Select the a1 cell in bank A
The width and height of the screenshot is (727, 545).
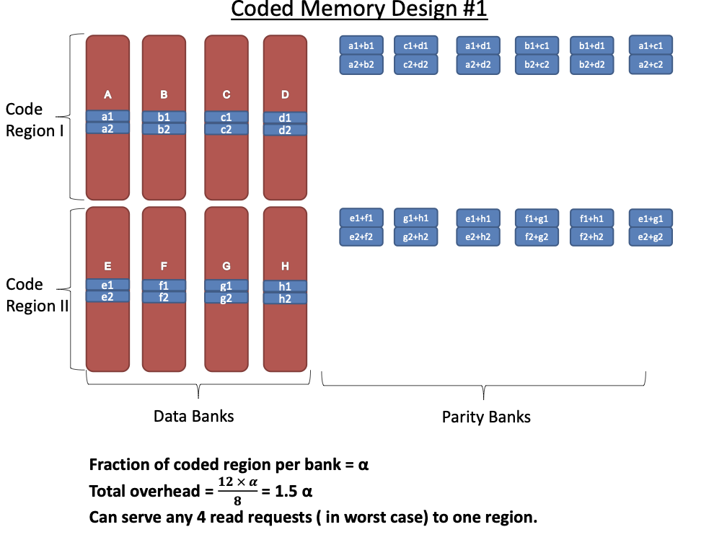(x=107, y=116)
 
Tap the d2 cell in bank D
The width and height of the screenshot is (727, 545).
(x=285, y=130)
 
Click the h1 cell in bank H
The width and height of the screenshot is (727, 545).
(x=285, y=286)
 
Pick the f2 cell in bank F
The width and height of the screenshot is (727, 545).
(x=164, y=297)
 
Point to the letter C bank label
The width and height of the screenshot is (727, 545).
(x=226, y=94)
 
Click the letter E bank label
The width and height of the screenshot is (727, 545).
(x=107, y=266)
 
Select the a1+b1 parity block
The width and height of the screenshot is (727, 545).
(x=361, y=46)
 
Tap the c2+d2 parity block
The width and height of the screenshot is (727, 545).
(x=416, y=65)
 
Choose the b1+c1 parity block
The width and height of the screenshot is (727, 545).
(x=537, y=46)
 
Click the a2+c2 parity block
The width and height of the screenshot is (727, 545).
(x=651, y=65)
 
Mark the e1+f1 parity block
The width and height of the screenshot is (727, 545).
(x=361, y=218)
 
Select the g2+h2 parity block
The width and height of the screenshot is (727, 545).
(x=416, y=236)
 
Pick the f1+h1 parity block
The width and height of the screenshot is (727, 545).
(x=591, y=218)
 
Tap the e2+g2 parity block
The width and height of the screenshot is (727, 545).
(x=651, y=236)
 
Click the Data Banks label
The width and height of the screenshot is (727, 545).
(x=193, y=417)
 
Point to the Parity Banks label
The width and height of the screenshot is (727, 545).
(x=486, y=417)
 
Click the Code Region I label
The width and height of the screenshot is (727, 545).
(x=30, y=120)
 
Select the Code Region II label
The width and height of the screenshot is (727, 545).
(x=37, y=295)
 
